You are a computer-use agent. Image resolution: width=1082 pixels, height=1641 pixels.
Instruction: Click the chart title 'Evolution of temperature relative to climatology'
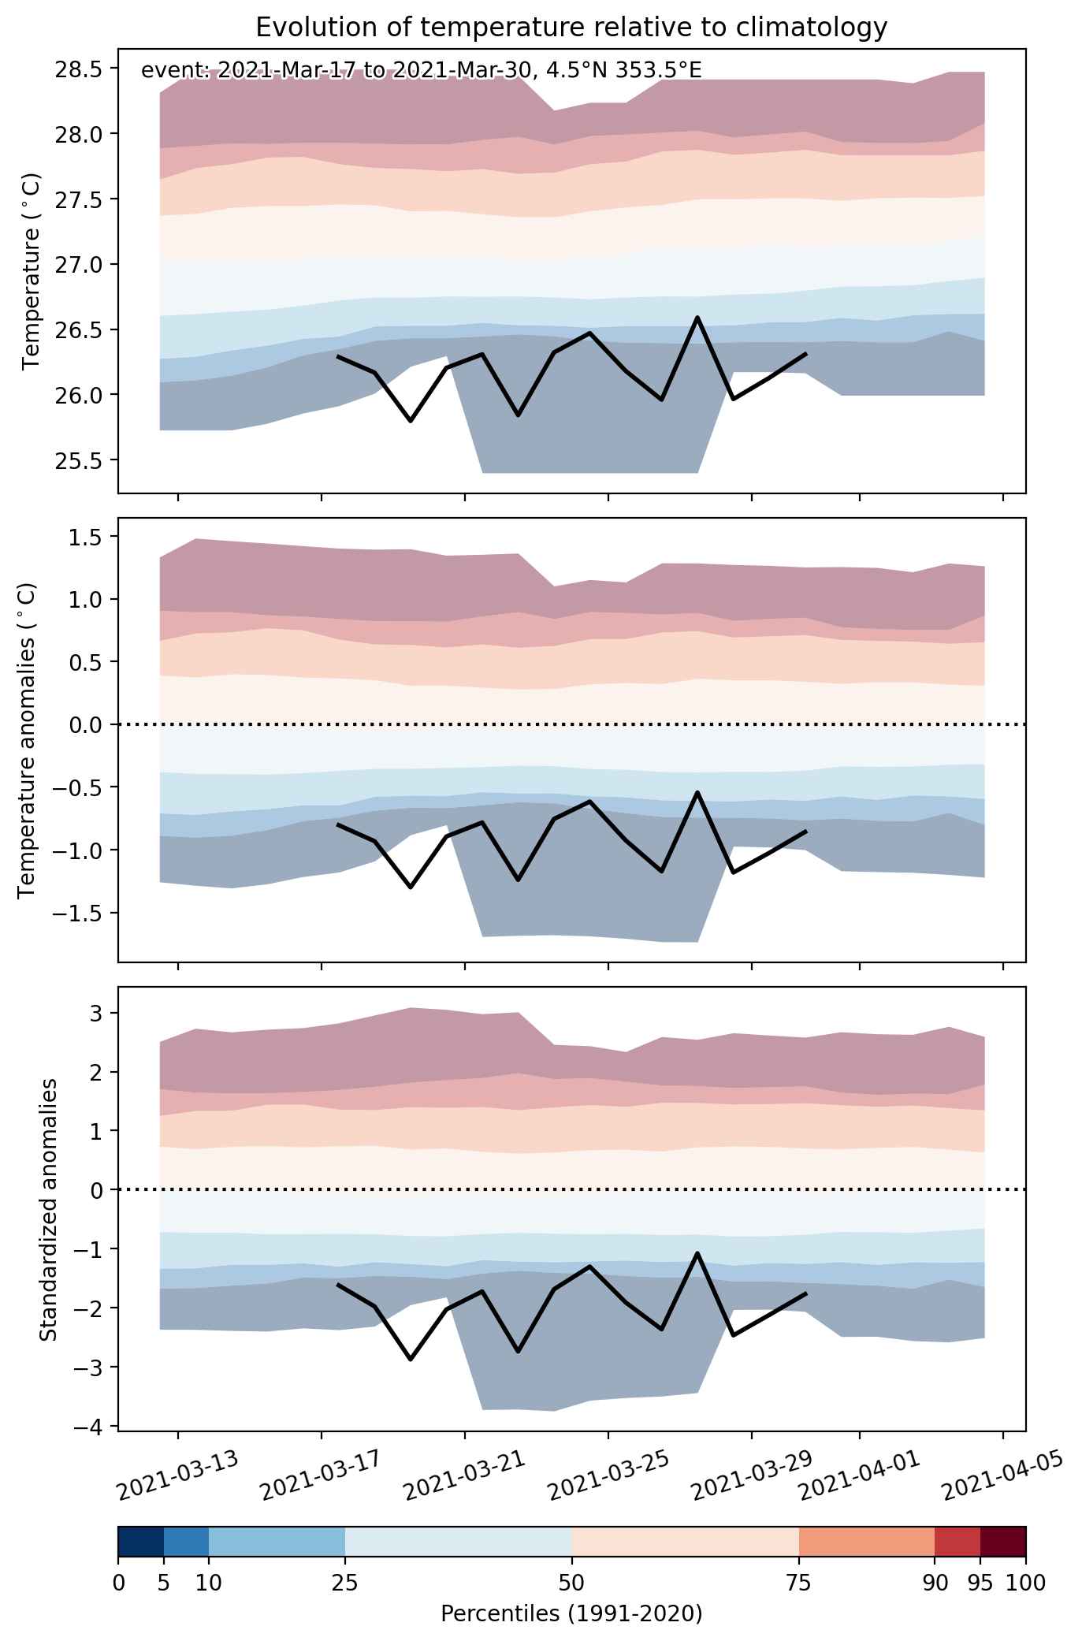(x=571, y=28)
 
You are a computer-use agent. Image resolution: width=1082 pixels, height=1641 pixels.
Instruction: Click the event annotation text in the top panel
(x=421, y=71)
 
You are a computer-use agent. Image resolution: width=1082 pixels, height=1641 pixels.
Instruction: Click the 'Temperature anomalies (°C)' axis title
(x=27, y=740)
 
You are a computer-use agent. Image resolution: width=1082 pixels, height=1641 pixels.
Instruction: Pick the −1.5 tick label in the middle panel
(x=75, y=913)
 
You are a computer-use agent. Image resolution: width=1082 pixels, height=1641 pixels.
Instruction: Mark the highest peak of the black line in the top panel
(x=697, y=317)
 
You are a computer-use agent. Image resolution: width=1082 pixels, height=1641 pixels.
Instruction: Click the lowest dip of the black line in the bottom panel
(x=410, y=1359)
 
